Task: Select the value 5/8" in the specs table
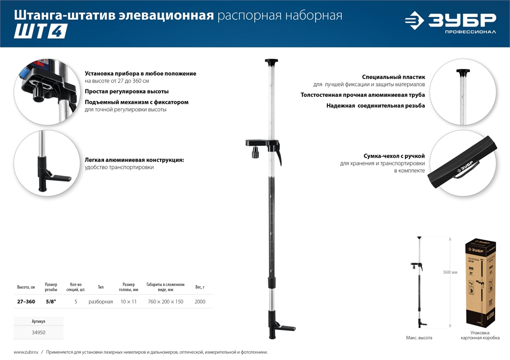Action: coord(51,302)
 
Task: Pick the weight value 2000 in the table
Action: coord(200,302)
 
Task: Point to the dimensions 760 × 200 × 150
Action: coord(165,302)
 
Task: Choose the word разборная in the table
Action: coord(100,302)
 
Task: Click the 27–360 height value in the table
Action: coord(26,302)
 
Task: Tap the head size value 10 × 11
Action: coord(129,302)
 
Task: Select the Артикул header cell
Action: coord(38,322)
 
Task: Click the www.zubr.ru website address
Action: coord(24,352)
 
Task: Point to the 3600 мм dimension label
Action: coord(451,272)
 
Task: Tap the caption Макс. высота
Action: coord(419,338)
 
